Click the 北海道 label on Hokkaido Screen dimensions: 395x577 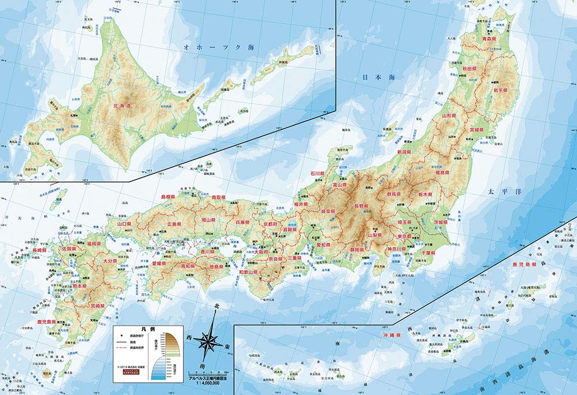[x=121, y=106]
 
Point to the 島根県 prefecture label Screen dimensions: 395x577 [x=167, y=197]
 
